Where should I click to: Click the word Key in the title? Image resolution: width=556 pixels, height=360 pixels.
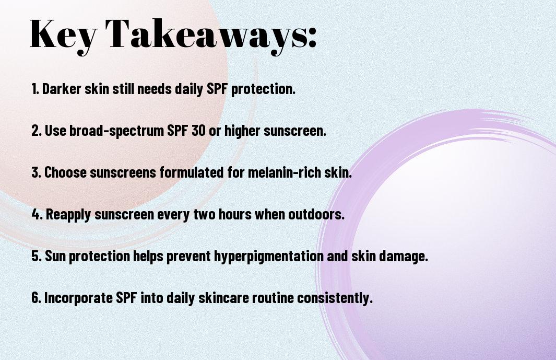pos(64,36)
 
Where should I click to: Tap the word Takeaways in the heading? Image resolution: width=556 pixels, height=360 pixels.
pos(207,36)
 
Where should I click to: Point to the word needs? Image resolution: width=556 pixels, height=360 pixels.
pos(155,89)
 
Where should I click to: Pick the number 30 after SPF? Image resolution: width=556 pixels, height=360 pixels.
pos(198,131)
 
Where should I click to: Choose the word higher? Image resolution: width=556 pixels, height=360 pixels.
pos(243,131)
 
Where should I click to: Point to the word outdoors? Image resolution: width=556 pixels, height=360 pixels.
pos(316,214)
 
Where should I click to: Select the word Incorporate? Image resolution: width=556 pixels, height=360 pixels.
pos(79,298)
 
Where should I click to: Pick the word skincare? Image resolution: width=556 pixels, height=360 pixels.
pos(224,298)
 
